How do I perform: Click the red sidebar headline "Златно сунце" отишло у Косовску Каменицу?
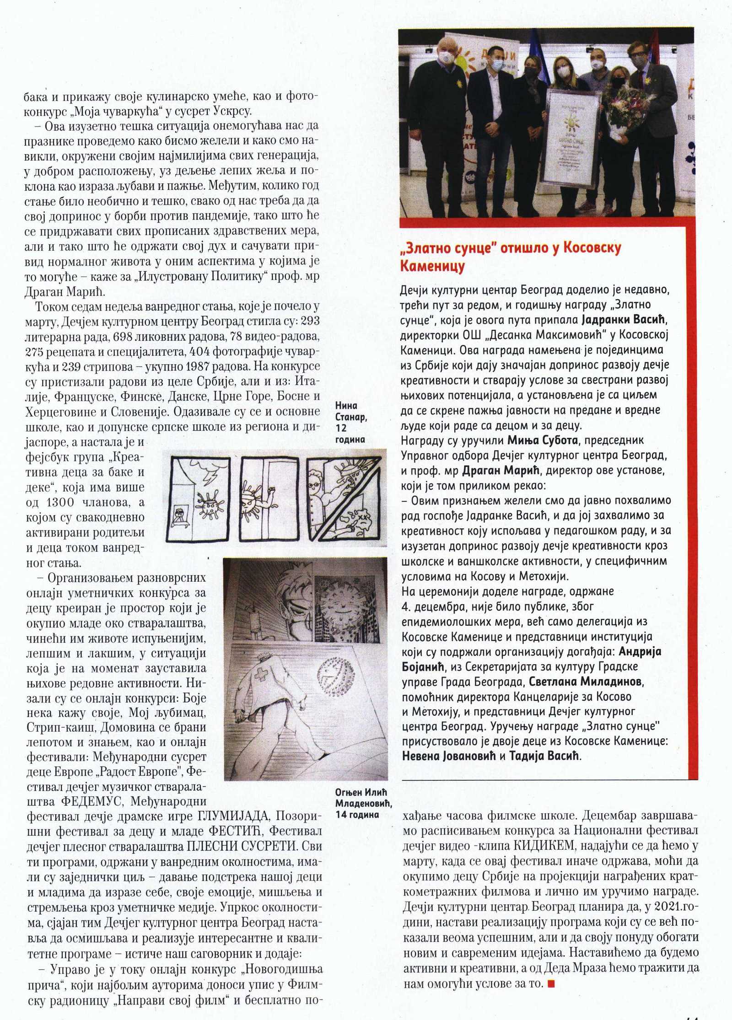pos(510,256)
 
